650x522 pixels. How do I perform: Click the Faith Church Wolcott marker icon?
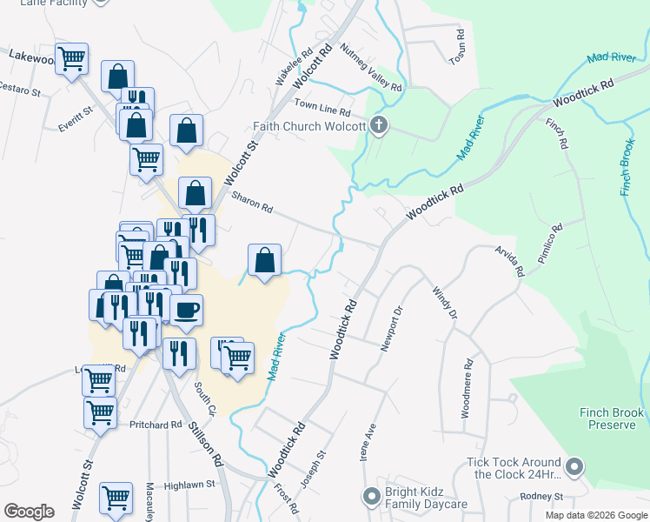[x=378, y=126]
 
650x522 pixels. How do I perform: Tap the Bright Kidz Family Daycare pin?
[x=371, y=496]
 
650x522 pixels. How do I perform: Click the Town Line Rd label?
[x=322, y=108]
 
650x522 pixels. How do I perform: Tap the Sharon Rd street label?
[x=252, y=204]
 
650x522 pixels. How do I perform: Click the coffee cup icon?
[x=186, y=310]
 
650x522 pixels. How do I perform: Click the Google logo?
[x=30, y=512]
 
